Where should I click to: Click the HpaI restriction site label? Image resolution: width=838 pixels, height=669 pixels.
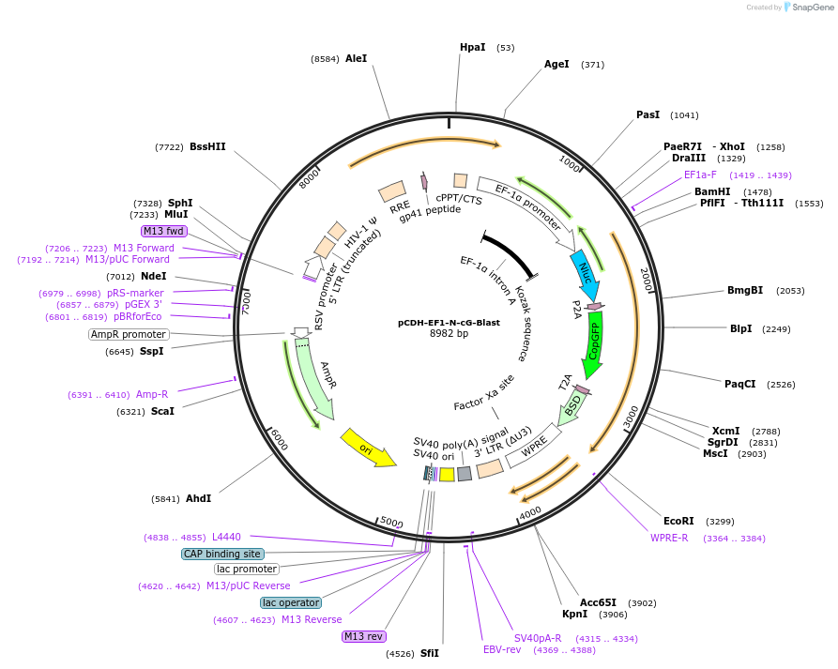coord(472,47)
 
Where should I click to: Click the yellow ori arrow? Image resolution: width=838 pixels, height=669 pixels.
coord(367,449)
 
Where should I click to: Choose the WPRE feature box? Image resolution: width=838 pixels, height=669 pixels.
coord(533,447)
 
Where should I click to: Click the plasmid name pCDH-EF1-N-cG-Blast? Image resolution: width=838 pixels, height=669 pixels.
coord(449,322)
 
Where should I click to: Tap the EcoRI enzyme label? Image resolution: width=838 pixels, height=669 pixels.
coord(678,521)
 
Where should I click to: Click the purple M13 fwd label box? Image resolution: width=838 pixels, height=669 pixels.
coord(164,231)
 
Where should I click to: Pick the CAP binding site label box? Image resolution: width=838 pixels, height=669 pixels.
coord(222,554)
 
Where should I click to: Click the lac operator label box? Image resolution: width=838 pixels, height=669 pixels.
coord(290,602)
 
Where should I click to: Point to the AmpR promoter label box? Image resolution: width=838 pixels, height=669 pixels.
coord(129,334)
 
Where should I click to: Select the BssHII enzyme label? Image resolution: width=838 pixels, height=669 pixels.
coord(207,146)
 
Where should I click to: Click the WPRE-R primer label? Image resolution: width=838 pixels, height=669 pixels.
coord(669,538)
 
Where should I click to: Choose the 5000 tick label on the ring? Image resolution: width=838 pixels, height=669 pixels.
coord(391,522)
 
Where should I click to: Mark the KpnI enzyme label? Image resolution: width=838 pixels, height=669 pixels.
coord(573,615)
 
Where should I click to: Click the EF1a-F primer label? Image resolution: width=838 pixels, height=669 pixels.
coord(700,175)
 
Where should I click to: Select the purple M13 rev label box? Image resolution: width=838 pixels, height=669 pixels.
coord(363,636)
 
